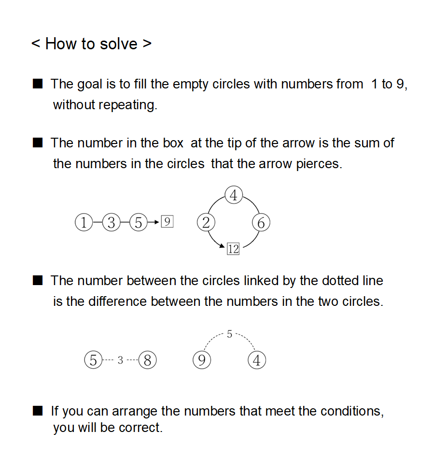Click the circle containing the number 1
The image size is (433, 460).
click(84, 223)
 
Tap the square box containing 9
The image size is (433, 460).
click(167, 222)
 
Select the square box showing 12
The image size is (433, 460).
click(233, 249)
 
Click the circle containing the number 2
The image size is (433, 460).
click(206, 223)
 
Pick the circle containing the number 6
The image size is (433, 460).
click(261, 223)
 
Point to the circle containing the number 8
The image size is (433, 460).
click(148, 360)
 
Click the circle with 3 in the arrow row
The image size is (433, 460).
click(112, 223)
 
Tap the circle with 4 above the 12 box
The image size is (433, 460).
click(234, 196)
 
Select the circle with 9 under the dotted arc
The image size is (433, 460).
click(202, 360)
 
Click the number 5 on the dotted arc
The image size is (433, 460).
click(229, 334)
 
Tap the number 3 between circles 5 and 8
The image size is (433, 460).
click(120, 360)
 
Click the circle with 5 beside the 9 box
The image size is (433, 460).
click(139, 223)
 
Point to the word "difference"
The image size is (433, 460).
click(117, 302)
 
